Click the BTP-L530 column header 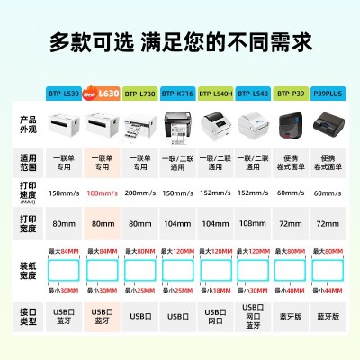(64, 93)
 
